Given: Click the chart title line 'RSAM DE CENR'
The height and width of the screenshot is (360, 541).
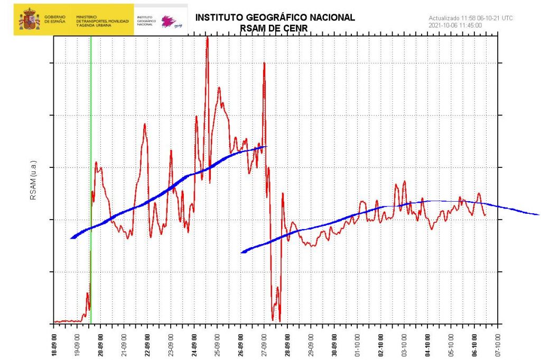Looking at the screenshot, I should [275, 27].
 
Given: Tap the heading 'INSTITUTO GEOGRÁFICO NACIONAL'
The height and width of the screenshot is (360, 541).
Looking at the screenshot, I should [275, 17].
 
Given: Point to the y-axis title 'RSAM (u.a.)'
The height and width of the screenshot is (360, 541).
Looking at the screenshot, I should [33, 185].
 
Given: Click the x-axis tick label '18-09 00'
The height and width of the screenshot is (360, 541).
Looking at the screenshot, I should [54, 342].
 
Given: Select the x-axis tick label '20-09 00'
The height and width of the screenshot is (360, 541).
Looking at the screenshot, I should [100, 342].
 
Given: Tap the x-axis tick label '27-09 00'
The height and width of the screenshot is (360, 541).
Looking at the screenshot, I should [264, 342].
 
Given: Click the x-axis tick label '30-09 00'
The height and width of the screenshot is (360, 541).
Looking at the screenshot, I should [334, 342].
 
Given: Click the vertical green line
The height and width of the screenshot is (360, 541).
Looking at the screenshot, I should [91, 158].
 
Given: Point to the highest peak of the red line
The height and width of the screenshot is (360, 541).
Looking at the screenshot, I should [207, 37].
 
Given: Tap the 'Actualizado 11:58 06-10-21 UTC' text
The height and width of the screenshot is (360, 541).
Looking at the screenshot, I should [470, 18].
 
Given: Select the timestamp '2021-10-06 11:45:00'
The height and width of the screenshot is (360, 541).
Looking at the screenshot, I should [455, 25].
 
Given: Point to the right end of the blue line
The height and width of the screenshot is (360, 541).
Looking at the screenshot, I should [538, 215].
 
